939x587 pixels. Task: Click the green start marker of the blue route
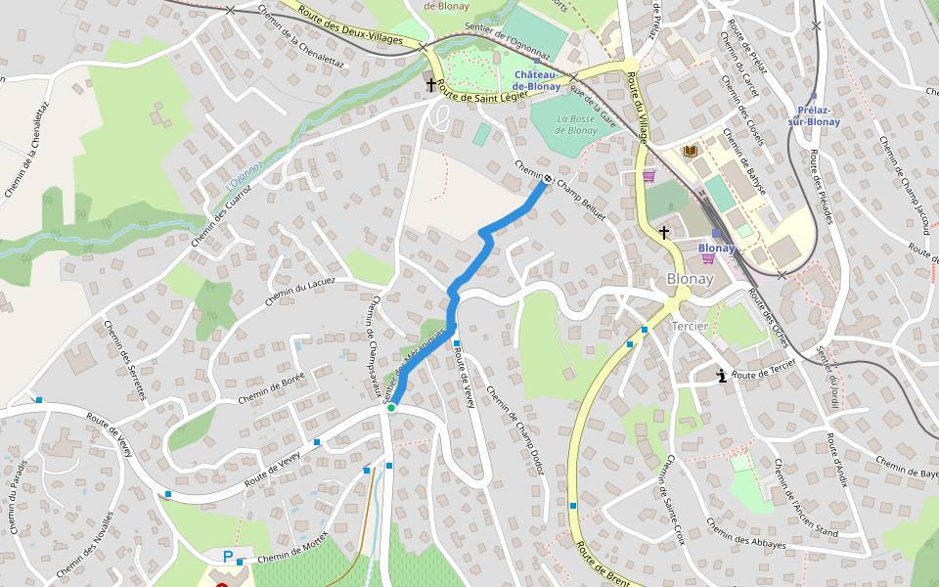pyautogui.click(x=391, y=408)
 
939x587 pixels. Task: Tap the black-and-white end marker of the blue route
pyautogui.click(x=547, y=180)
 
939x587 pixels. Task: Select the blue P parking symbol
pyautogui.click(x=228, y=557)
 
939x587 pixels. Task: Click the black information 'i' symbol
pyautogui.click(x=722, y=375)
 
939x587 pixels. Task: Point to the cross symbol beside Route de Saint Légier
pyautogui.click(x=430, y=86)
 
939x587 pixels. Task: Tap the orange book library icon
pyautogui.click(x=692, y=151)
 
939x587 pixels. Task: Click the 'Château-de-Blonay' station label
pyautogui.click(x=538, y=80)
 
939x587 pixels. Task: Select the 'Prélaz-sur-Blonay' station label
pyautogui.click(x=814, y=115)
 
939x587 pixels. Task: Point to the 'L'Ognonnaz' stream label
pyautogui.click(x=245, y=175)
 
